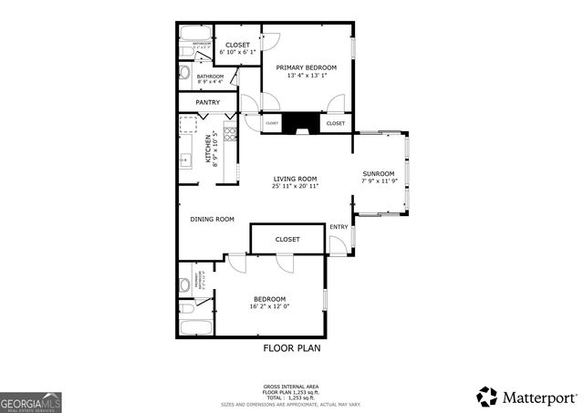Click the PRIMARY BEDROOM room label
pyautogui.click(x=307, y=67)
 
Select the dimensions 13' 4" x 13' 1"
pyautogui.click(x=307, y=77)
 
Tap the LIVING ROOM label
pyautogui.click(x=295, y=179)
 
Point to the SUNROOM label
pyautogui.click(x=379, y=173)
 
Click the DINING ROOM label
pyautogui.click(x=213, y=219)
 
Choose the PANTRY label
pyautogui.click(x=207, y=102)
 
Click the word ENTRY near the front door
pyautogui.click(x=339, y=227)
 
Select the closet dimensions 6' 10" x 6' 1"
pyautogui.click(x=238, y=52)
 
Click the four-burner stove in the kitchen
pyautogui.click(x=230, y=135)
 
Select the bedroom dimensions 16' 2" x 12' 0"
pyautogui.click(x=270, y=307)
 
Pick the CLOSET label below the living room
pyautogui.click(x=287, y=240)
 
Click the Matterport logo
pyautogui.click(x=527, y=397)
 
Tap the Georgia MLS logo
pyautogui.click(x=30, y=399)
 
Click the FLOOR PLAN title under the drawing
pyautogui.click(x=292, y=347)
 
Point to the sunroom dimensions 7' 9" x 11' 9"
pyautogui.click(x=379, y=181)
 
